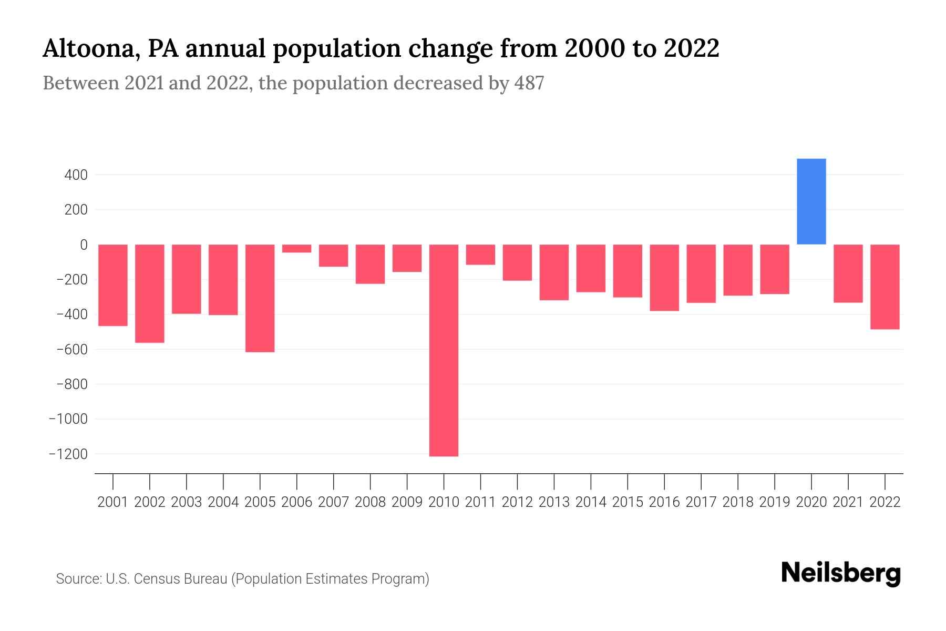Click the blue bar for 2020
coord(811,201)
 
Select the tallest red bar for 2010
coord(444,350)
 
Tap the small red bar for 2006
coord(296,248)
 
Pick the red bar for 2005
coord(260,298)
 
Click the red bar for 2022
coord(885,287)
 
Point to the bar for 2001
coord(112,285)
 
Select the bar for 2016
coord(664,278)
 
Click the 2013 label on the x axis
coord(553,502)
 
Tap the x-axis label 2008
coord(370,502)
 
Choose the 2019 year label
coord(774,502)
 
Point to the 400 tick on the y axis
coord(76,175)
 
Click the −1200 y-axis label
coord(68,454)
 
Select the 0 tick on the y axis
coord(84,245)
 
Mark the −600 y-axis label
coord(72,349)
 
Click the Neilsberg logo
coord(841,573)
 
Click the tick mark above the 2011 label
coord(480,481)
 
